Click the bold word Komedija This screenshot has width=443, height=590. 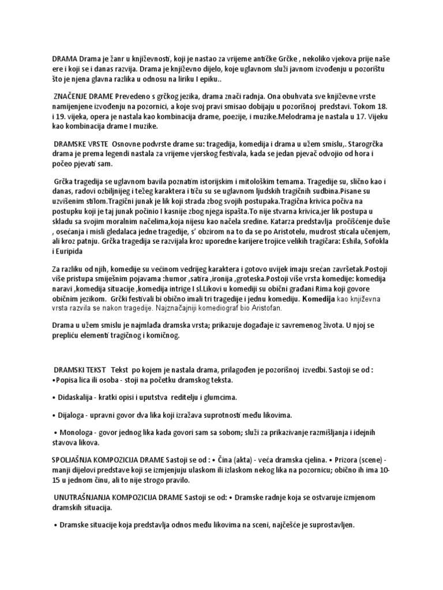[x=318, y=300]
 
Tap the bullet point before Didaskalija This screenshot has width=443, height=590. [x=54, y=398]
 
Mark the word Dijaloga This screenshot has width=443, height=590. [x=72, y=414]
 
